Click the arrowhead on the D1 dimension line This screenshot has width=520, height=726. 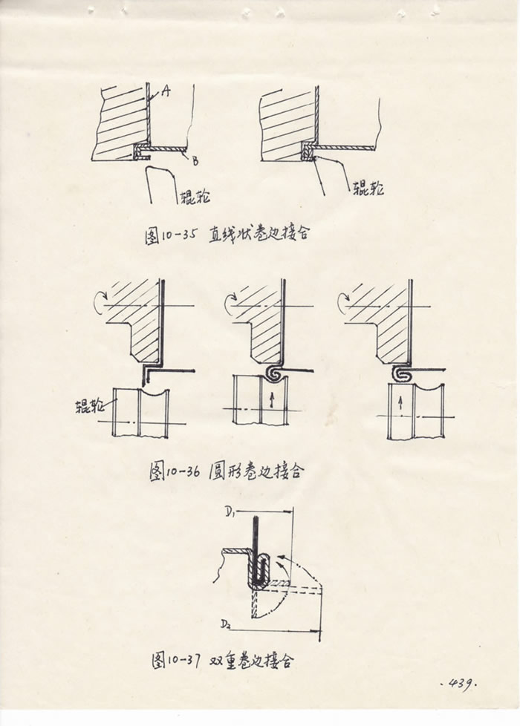pyautogui.click(x=290, y=511)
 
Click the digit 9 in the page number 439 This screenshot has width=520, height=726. pyautogui.click(x=467, y=684)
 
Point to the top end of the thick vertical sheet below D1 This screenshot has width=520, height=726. pyautogui.click(x=255, y=514)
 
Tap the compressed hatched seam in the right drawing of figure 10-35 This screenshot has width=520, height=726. pyautogui.click(x=308, y=151)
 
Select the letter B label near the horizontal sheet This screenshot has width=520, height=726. pyautogui.click(x=195, y=160)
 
